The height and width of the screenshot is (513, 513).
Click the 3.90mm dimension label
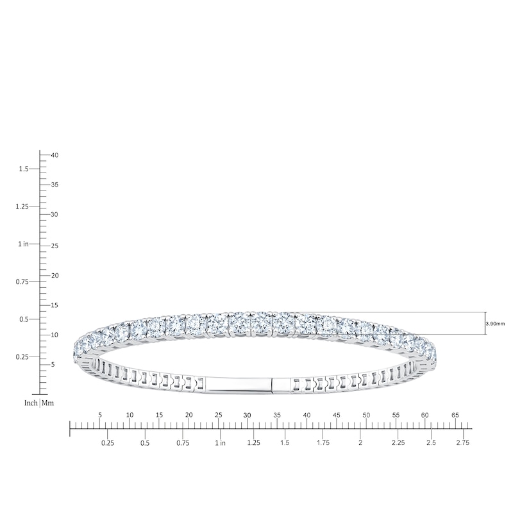[495, 324]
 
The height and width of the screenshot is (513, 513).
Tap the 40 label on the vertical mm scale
[55, 155]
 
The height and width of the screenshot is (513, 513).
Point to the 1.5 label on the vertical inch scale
[24, 169]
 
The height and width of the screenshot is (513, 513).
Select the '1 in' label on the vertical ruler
[24, 244]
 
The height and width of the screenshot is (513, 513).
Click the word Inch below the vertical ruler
[31, 403]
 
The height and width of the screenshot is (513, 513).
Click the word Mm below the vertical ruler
[47, 403]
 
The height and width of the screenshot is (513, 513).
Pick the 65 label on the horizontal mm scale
[455, 415]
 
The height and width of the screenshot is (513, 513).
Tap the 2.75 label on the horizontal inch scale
[462, 442]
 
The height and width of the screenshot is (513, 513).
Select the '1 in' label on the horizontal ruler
[220, 443]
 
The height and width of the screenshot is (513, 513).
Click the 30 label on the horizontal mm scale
[247, 415]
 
